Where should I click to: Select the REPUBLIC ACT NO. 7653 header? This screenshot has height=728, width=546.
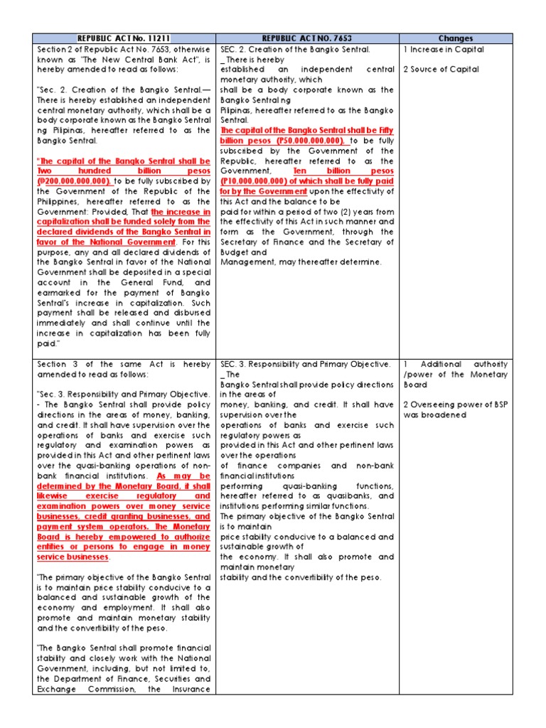pyautogui.click(x=307, y=38)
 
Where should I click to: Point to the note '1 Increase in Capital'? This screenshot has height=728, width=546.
pyautogui.click(x=444, y=50)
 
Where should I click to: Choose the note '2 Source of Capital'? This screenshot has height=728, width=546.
pyautogui.click(x=441, y=70)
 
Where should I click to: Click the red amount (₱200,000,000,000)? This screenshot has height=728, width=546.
pyautogui.click(x=73, y=181)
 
